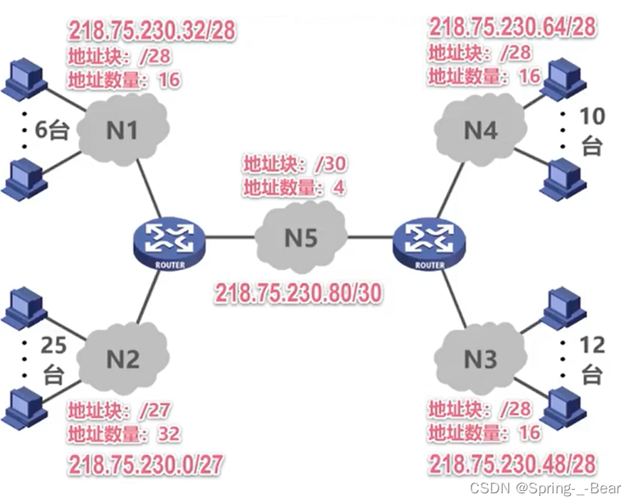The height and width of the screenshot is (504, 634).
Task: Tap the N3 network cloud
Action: coord(480,359)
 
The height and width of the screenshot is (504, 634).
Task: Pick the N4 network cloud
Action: coord(481,131)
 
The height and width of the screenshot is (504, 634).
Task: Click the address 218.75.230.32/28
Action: coord(152,32)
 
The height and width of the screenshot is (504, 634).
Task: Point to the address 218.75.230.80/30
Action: coord(298,293)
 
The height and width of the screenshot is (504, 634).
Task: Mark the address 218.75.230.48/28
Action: coord(512,465)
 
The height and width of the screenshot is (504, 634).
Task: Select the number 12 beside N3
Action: coord(590,344)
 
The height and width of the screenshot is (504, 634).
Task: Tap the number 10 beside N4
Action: coord(591,117)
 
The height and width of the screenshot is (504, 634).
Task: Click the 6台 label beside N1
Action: coord(53,130)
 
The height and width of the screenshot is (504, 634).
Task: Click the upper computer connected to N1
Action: coord(22,78)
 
